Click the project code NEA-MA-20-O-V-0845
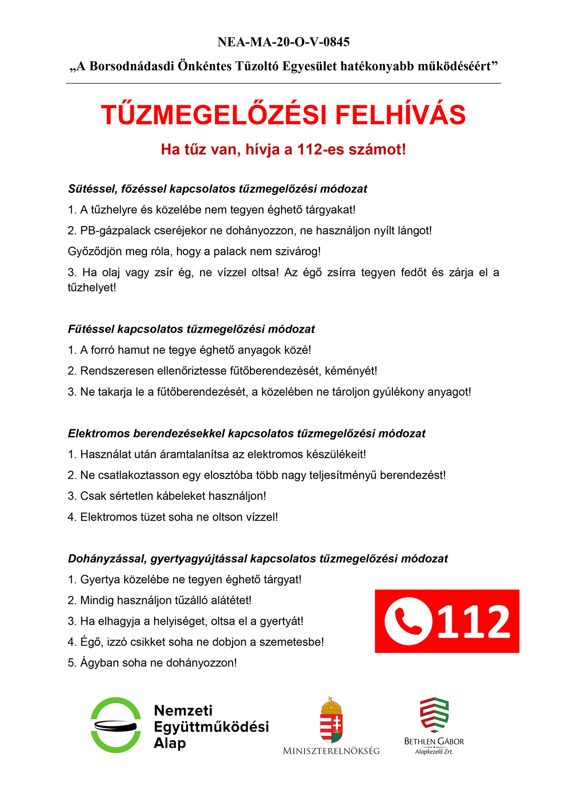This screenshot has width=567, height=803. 283,42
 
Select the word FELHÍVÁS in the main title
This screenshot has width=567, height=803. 400,115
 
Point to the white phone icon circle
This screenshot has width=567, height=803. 408,621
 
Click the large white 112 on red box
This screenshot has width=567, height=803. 474,622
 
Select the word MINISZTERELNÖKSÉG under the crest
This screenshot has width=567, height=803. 331,751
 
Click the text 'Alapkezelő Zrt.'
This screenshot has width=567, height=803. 434,752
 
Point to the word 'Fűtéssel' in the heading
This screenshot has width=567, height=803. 91,329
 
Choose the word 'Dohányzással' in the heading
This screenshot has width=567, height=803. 107,559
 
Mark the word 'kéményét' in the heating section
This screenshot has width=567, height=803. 350,371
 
